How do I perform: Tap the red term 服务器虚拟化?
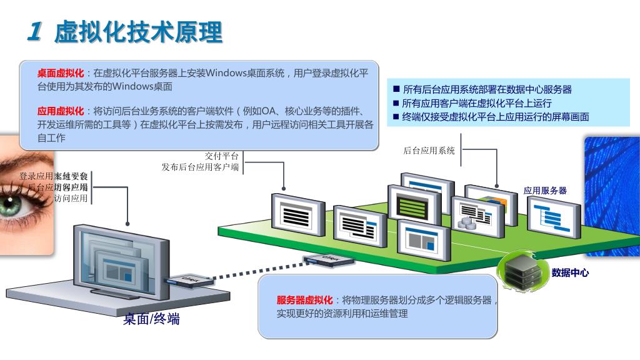pos(304,300)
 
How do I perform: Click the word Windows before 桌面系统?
pos(226,73)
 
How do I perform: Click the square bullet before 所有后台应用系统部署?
pos(396,89)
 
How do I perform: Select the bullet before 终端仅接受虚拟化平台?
pos(396,117)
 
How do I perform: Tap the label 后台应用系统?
pos(429,150)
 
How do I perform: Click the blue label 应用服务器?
pos(545,191)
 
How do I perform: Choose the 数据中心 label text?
pos(569,273)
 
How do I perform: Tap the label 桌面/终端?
pos(151,319)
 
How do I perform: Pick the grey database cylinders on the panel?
pos(466,222)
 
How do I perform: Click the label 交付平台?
pos(222,156)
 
